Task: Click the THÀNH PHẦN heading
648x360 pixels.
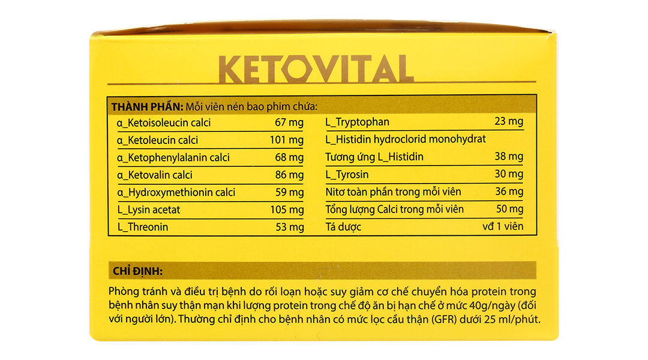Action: pyautogui.click(x=146, y=107)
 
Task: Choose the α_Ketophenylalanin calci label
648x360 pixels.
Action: pyautogui.click(x=173, y=158)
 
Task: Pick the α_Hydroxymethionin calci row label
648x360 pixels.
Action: pyautogui.click(x=176, y=193)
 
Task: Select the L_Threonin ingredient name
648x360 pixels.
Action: pyautogui.click(x=143, y=227)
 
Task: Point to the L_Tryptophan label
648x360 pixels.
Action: pyautogui.click(x=357, y=122)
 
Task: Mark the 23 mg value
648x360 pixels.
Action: pyautogui.click(x=509, y=122)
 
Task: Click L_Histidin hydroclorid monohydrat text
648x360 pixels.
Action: pyautogui.click(x=405, y=139)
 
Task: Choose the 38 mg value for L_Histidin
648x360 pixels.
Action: pyautogui.click(x=509, y=157)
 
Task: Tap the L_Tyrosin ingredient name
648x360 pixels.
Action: pyautogui.click(x=347, y=175)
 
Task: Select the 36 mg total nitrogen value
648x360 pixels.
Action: pyautogui.click(x=509, y=192)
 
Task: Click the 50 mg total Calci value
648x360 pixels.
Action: pyautogui.click(x=509, y=209)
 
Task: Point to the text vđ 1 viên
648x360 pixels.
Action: pyautogui.click(x=503, y=227)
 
